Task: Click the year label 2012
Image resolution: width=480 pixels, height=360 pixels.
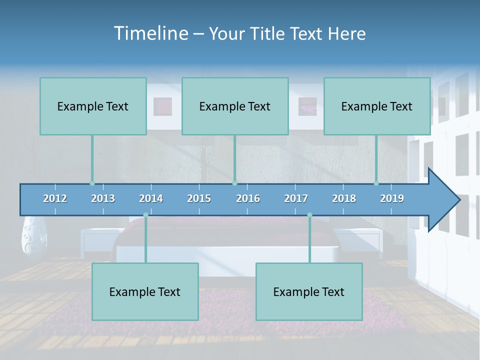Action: (x=55, y=198)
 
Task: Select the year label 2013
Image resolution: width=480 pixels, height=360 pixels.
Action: (x=103, y=198)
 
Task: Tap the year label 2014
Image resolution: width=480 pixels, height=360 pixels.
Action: (x=151, y=198)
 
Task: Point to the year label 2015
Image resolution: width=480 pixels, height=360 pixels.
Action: (x=199, y=198)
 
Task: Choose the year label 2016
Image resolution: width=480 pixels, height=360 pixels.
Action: (x=248, y=198)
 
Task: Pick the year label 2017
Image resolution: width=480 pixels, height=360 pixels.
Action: (x=296, y=198)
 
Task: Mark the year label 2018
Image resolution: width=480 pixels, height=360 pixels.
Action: (x=344, y=198)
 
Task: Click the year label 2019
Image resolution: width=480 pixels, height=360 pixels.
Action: (x=392, y=198)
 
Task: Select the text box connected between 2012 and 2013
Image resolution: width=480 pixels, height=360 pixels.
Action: (x=93, y=106)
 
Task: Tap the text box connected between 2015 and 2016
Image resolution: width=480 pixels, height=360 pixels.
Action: (x=235, y=106)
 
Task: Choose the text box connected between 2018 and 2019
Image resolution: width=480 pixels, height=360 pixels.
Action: (x=377, y=106)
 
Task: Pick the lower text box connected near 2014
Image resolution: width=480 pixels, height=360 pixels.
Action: (x=145, y=291)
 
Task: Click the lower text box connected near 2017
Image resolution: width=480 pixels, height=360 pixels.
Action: (x=309, y=291)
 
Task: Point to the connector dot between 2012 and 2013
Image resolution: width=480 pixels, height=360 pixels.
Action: (x=92, y=183)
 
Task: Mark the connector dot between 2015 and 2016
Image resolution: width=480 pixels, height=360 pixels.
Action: (x=234, y=183)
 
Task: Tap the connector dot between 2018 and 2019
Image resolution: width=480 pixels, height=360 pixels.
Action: (x=376, y=183)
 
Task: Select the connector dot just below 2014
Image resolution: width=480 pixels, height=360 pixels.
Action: (x=145, y=215)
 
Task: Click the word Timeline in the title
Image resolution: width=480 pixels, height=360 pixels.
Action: (x=150, y=33)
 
